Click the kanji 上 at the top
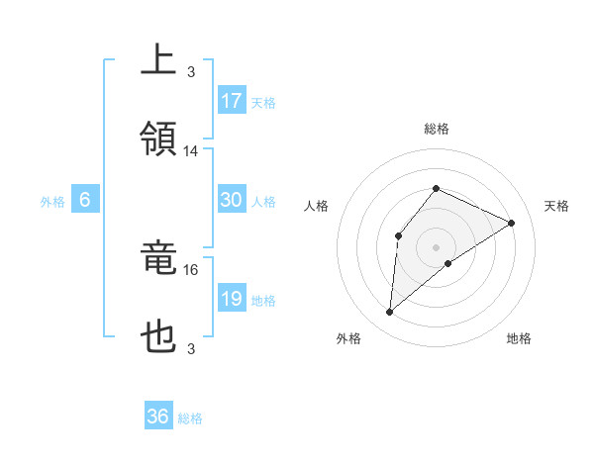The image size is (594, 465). [x=159, y=58]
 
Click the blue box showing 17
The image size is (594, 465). [x=232, y=100]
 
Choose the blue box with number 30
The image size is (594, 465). [x=232, y=200]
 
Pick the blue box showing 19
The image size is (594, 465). [x=232, y=299]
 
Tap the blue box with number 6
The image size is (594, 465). [x=85, y=200]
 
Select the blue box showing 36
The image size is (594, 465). [x=158, y=417]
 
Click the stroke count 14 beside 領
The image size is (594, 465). [x=191, y=151]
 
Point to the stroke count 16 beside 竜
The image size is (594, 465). [x=191, y=269]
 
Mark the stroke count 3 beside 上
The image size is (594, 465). [x=191, y=71]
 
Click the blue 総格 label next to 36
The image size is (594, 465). [x=190, y=418]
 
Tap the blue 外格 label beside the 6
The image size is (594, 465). [x=52, y=201]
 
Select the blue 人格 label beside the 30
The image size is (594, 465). [x=263, y=201]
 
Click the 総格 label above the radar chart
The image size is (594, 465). [x=436, y=130]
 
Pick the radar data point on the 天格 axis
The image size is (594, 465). [x=511, y=223]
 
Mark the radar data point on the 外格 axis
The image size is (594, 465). [x=389, y=313]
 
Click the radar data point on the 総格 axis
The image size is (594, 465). [x=436, y=188]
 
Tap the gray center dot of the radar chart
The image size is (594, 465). [x=436, y=246]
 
